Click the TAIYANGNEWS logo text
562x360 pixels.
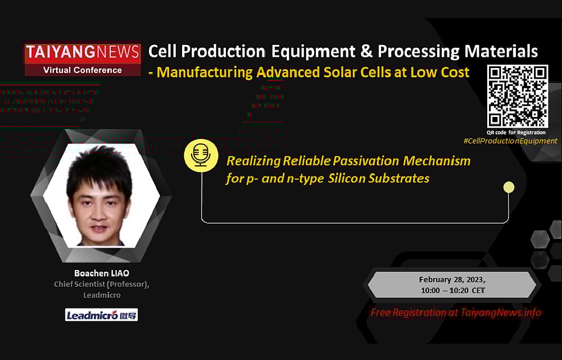coord(82,52)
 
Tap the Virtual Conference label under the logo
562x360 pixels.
coord(82,70)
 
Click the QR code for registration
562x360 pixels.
coord(517,96)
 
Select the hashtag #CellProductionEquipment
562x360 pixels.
coord(510,141)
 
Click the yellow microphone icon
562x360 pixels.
coord(201,155)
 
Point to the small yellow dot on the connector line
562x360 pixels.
coord(509,187)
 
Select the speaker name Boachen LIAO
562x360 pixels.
coord(102,273)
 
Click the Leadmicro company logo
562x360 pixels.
coord(102,315)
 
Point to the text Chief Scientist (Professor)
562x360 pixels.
coord(102,284)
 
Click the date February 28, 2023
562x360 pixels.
coord(452,280)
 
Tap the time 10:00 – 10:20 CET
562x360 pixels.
coord(452,290)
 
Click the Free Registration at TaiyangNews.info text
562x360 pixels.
coord(456,313)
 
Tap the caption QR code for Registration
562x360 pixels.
coord(516,132)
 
